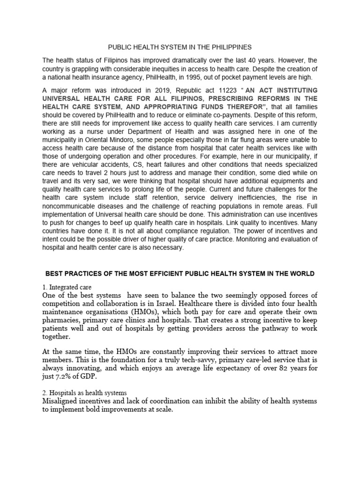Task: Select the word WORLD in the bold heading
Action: pyautogui.click(x=303, y=273)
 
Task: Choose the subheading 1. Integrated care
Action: pyautogui.click(x=67, y=286)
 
